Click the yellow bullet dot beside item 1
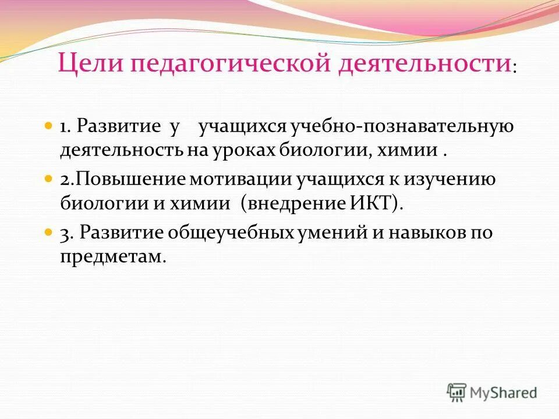point(49,126)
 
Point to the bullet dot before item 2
point(49,179)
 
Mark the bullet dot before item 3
point(49,232)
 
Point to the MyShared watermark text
point(504,393)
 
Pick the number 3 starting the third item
point(65,233)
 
